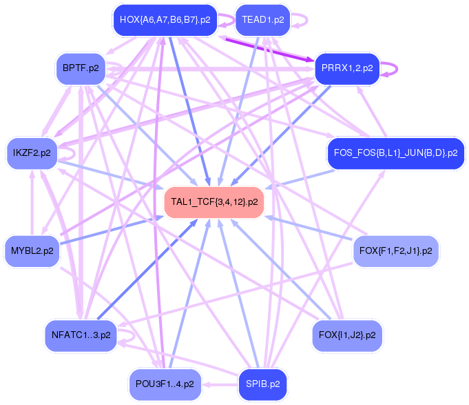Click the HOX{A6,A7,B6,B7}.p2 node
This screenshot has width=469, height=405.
pos(165,20)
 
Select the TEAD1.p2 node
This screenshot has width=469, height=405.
pos(263,20)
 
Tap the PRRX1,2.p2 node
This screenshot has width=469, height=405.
pos(347,68)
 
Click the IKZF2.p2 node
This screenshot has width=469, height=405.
pos(32,153)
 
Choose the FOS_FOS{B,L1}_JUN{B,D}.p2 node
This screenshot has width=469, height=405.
pos(395,153)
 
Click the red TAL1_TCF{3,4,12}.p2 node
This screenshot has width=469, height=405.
pos(213,202)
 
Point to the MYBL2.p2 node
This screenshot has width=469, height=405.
pos(32,250)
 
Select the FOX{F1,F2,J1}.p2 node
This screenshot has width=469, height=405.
pos(395,250)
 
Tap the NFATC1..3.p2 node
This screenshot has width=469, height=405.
pos(80,336)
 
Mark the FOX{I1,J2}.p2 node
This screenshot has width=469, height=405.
pos(347,336)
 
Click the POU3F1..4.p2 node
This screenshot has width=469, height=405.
pos(165,384)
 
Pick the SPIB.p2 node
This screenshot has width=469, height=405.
pos(262,384)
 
